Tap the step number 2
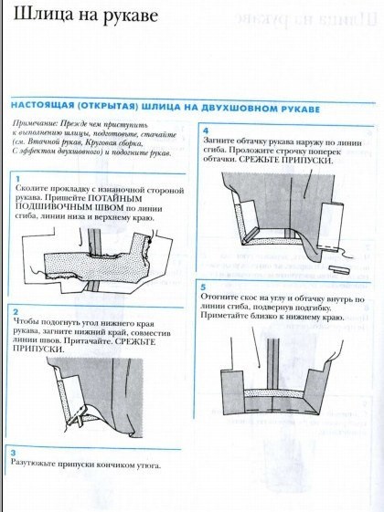tap(16, 312)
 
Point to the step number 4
tap(205, 131)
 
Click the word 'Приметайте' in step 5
tap(223, 319)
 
